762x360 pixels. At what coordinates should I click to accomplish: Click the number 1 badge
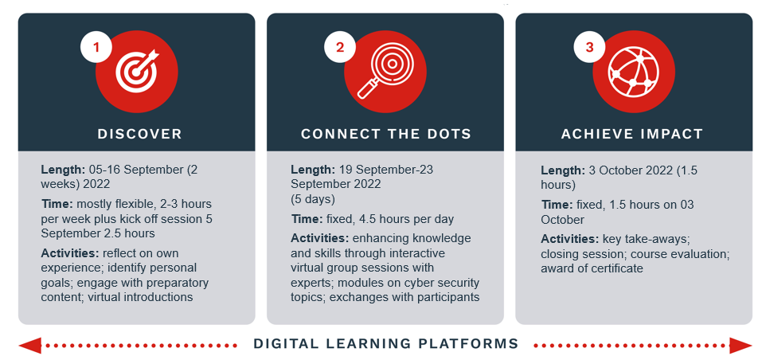(x=96, y=47)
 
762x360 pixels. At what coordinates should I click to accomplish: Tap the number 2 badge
(x=340, y=47)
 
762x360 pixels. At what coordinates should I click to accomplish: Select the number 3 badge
(x=589, y=47)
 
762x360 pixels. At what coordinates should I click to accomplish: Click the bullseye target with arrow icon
(x=137, y=72)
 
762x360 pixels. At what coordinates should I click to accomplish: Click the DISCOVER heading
(x=139, y=134)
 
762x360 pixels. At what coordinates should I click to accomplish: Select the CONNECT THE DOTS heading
(x=386, y=134)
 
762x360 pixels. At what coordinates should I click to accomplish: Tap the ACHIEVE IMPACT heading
(x=632, y=134)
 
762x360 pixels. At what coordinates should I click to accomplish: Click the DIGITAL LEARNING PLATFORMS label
(x=386, y=344)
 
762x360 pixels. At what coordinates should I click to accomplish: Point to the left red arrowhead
(x=29, y=346)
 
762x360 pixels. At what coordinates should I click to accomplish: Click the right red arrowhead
(x=741, y=346)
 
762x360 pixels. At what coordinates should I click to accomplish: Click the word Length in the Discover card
(x=63, y=170)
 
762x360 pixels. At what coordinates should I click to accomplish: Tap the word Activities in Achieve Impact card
(x=569, y=239)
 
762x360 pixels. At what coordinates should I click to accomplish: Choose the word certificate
(x=617, y=268)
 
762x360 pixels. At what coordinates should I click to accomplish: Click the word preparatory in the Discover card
(x=180, y=283)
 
